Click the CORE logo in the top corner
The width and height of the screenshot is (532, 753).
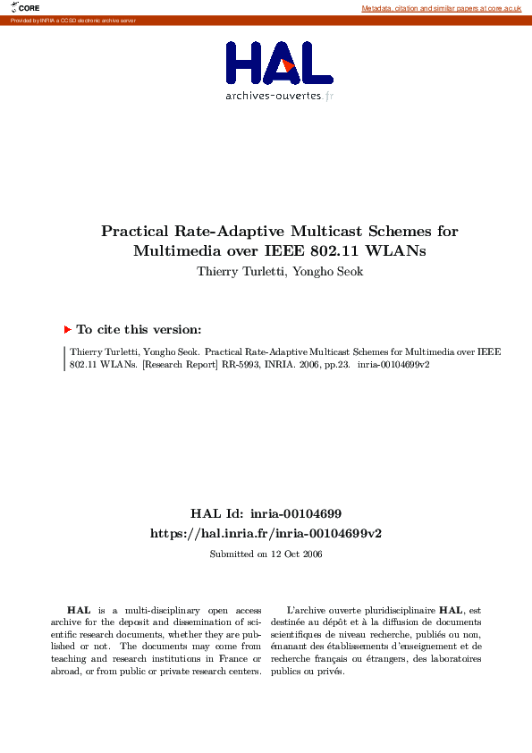(x=25, y=7)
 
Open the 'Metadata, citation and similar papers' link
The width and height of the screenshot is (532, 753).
(x=441, y=8)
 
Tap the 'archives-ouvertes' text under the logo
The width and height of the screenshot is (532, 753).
(x=273, y=96)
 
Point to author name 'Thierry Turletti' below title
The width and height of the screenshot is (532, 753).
(x=235, y=271)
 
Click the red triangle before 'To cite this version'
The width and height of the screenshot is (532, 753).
(x=67, y=329)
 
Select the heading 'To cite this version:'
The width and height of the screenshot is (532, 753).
(x=139, y=329)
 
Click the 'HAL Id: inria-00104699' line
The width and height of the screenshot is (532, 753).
(x=266, y=513)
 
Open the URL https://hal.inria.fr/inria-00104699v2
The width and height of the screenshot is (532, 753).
(x=266, y=533)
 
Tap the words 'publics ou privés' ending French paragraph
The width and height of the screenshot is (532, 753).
(x=317, y=671)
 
